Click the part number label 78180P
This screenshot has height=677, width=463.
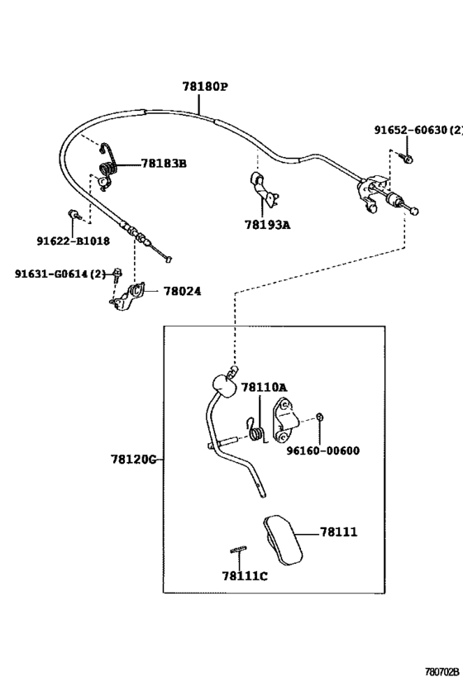point(205,86)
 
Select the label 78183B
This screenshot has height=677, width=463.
point(163,164)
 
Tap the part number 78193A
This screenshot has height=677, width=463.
point(267,224)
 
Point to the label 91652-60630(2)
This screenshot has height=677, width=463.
point(418,131)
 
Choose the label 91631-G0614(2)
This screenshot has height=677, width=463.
point(60,274)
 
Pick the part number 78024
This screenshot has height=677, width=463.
point(182,291)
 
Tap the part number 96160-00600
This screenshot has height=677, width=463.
point(323,451)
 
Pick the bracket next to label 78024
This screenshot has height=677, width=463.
point(131,296)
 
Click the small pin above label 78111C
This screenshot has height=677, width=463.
point(238,551)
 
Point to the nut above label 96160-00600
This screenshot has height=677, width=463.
point(320,416)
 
